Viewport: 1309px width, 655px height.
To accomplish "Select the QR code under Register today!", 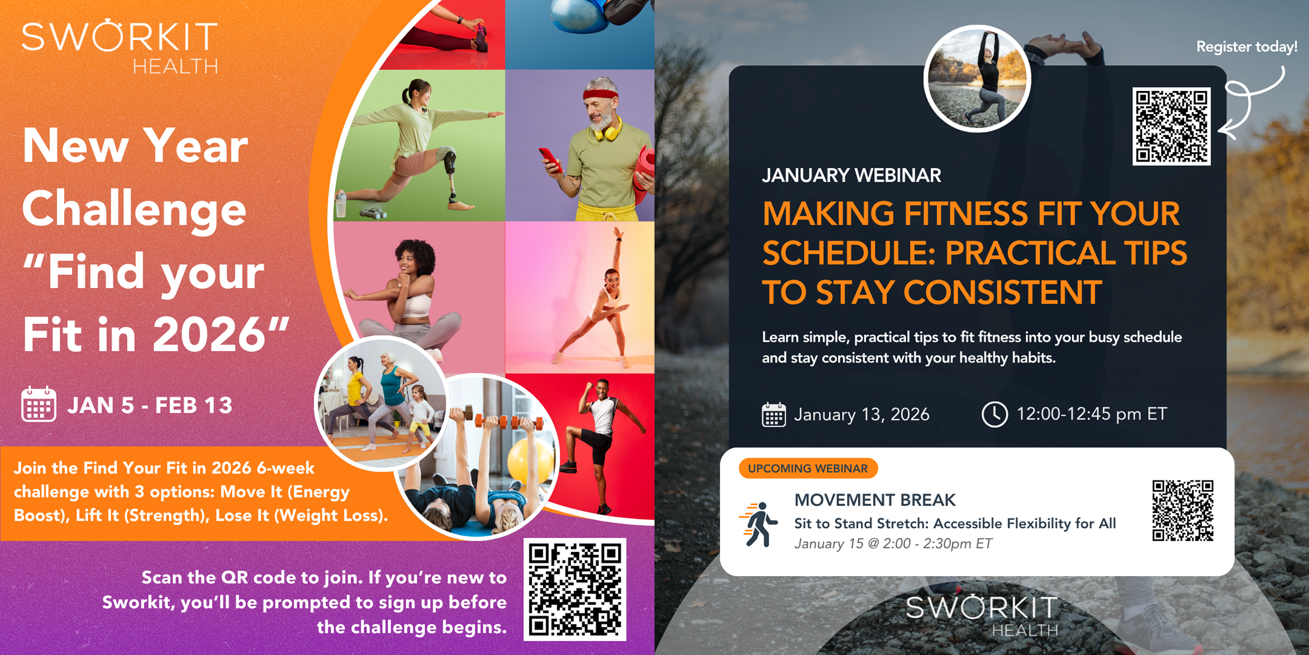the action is coord(1171,126).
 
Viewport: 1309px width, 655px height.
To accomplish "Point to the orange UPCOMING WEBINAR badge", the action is coord(808,469).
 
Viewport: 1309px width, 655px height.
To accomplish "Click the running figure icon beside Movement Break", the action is coord(759,524).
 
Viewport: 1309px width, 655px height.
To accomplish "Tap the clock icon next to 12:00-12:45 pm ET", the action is coord(994,414).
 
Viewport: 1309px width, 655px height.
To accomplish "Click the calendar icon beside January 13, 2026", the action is coord(774,415).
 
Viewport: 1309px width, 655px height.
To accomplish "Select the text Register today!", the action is coord(1247,47).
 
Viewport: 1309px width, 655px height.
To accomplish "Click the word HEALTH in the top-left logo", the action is coord(175,66).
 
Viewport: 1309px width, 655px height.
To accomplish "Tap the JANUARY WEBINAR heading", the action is coord(851,176).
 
